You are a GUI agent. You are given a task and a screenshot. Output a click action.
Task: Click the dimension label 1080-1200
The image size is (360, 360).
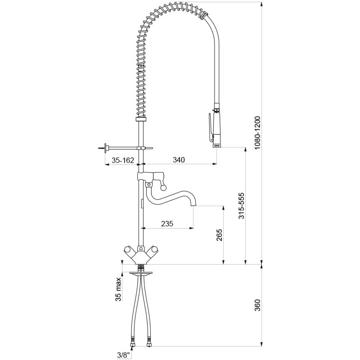[x=258, y=133]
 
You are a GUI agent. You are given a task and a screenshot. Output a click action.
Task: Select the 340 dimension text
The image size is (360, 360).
[x=179, y=160]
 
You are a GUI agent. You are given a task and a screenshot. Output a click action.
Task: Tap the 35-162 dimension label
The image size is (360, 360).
[x=122, y=160]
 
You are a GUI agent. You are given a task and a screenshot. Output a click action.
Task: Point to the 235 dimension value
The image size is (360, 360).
[x=167, y=223]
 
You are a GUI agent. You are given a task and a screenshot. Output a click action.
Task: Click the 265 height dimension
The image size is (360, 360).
[x=220, y=234]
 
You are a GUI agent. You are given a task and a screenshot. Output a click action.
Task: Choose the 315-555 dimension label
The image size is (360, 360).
[x=241, y=206]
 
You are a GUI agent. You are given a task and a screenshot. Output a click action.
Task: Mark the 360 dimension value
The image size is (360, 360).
[x=258, y=305]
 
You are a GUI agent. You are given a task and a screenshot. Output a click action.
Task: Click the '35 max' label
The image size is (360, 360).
[x=118, y=289]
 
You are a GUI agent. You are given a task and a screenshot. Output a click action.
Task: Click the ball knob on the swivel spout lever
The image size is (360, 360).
[x=163, y=188]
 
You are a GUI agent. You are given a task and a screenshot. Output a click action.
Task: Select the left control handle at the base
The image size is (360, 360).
[x=128, y=252]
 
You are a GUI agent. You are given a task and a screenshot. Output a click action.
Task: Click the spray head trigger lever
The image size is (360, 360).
[x=210, y=127]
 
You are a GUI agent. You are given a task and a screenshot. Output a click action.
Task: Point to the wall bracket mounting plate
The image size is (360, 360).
[x=106, y=148]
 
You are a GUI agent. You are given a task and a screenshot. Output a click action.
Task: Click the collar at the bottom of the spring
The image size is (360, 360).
[x=141, y=119]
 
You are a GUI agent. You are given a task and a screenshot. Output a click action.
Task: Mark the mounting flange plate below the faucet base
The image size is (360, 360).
[x=141, y=273]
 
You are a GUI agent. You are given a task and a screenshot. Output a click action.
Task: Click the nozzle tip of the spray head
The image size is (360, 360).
[x=217, y=145]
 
